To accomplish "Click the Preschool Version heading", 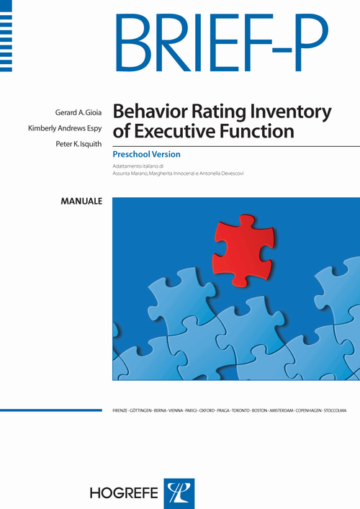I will tap(146, 154).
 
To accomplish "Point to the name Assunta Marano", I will tap(133, 174).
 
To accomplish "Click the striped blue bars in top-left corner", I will tap(6, 35).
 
